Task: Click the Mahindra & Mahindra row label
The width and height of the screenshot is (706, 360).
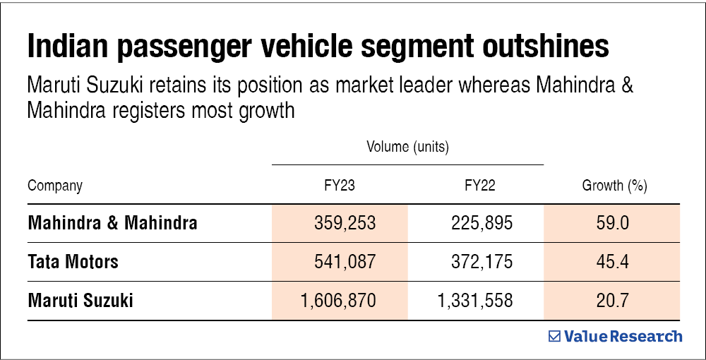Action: (112, 224)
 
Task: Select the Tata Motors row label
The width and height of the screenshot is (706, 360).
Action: (73, 263)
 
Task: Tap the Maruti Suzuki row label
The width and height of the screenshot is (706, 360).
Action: (80, 301)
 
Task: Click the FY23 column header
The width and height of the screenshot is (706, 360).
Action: (340, 186)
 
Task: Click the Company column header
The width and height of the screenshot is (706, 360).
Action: (55, 186)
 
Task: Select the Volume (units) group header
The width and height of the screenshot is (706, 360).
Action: (408, 148)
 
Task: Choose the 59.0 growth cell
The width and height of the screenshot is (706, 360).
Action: (613, 224)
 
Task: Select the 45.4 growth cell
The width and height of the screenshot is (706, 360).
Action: (613, 263)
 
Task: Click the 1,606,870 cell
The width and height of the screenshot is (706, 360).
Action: (338, 301)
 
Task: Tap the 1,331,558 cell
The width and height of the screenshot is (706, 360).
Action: (475, 301)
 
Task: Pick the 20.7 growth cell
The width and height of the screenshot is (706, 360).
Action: (613, 301)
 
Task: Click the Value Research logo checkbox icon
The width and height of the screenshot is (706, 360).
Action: (555, 337)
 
